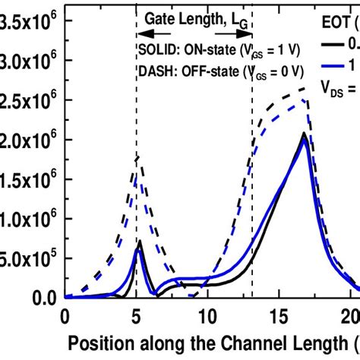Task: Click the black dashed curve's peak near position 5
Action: pos(137,156)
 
